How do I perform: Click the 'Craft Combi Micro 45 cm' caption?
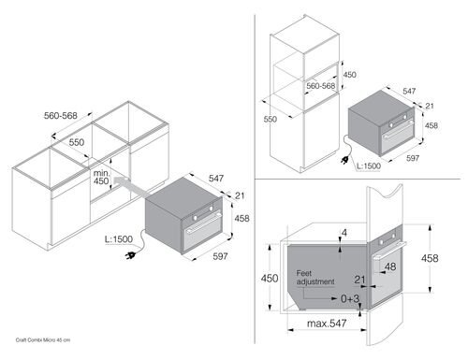tap(43, 339)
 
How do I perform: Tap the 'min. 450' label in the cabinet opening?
tap(101, 177)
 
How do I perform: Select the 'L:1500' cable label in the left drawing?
tap(119, 239)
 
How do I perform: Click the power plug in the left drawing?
tap(130, 256)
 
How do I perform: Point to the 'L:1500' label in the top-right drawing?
tap(369, 166)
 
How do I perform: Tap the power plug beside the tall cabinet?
tap(344, 161)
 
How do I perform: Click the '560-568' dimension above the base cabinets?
tap(60, 116)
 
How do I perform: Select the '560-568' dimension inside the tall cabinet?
tap(320, 86)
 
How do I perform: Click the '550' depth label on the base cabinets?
tap(77, 142)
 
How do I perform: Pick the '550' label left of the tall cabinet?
tap(270, 119)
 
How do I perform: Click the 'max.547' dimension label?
tap(327, 323)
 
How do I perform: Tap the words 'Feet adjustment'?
tap(315, 278)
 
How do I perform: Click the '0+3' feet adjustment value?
tap(350, 298)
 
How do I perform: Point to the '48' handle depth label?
tap(390, 266)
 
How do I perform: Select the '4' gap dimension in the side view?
tap(344, 233)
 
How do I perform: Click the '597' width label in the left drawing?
tap(220, 256)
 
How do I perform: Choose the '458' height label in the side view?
tap(430, 258)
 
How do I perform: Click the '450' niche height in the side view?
tap(270, 278)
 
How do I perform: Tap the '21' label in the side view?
tap(359, 280)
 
